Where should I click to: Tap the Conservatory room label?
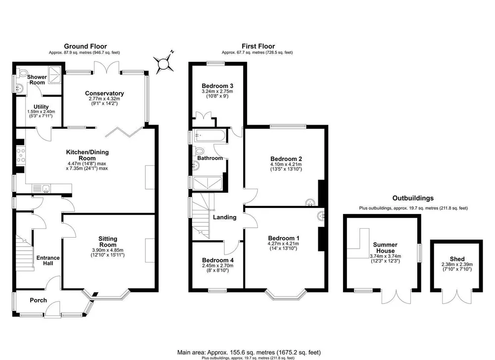pos(104,93)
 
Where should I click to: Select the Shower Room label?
pos(37,80)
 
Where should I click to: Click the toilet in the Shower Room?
pos(23,73)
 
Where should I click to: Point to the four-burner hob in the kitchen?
pos(21,156)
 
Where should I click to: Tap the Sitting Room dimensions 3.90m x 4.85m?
pos(107,250)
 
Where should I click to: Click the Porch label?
pos(38,300)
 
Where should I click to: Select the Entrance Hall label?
pos(48,260)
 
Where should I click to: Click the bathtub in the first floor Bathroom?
pos(209,136)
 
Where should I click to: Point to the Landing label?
pos(224,217)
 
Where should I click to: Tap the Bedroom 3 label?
pos(217,86)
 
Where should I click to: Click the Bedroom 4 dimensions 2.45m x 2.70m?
pos(218,265)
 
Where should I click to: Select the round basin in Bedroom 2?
pos(310,203)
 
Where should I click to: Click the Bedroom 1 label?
pos(284,238)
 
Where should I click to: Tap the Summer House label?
pos(385,248)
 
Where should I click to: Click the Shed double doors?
pos(457,296)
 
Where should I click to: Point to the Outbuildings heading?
pos(413,198)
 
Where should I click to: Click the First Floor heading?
pos(258,47)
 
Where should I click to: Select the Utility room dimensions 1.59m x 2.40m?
pos(41,111)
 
